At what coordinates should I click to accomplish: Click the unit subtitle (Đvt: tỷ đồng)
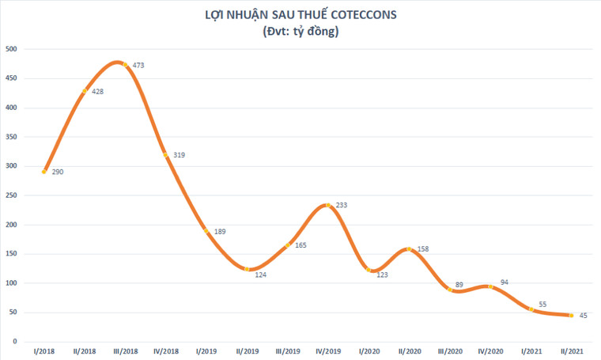coord(300,32)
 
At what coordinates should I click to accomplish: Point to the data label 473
coord(138,66)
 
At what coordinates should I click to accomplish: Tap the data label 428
coord(98,92)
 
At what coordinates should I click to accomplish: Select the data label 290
coord(58,172)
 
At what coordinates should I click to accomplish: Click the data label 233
coord(342,205)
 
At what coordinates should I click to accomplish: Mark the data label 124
coord(260,275)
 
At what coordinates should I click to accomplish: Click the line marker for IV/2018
coord(165,155)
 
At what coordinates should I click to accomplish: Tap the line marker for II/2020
coord(408,249)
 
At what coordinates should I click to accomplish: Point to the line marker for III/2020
coord(449,290)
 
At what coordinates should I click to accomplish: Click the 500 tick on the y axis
coord(12,49)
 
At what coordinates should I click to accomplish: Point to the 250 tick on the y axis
coord(12,195)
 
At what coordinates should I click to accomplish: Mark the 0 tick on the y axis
coord(15,341)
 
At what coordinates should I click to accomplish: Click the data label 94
coord(504,282)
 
